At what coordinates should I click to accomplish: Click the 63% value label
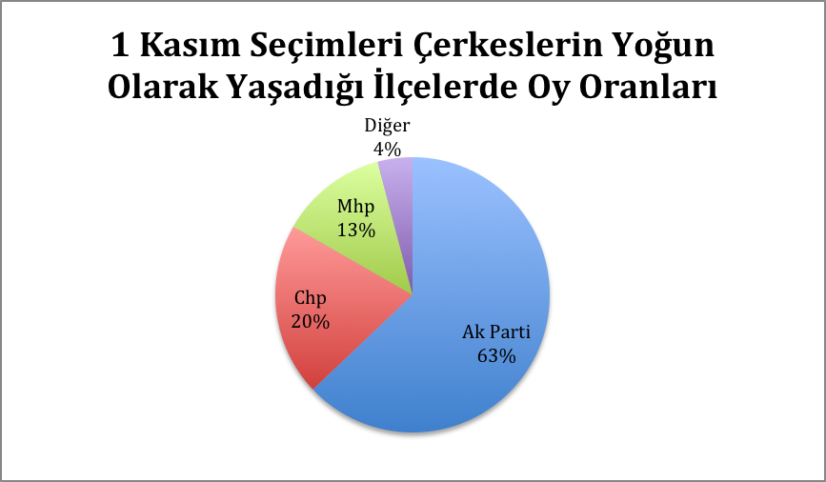(x=496, y=356)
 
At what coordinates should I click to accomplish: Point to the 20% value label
(x=311, y=321)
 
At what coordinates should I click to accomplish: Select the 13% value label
(x=356, y=230)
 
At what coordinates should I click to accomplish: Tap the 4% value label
(x=387, y=150)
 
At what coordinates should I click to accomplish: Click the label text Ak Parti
(x=496, y=331)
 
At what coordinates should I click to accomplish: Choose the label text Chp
(x=311, y=298)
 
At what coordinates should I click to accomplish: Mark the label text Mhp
(x=356, y=207)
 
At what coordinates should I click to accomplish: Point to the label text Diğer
(x=387, y=127)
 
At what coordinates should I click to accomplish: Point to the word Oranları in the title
(x=648, y=87)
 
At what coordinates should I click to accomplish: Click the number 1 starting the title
(x=121, y=46)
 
